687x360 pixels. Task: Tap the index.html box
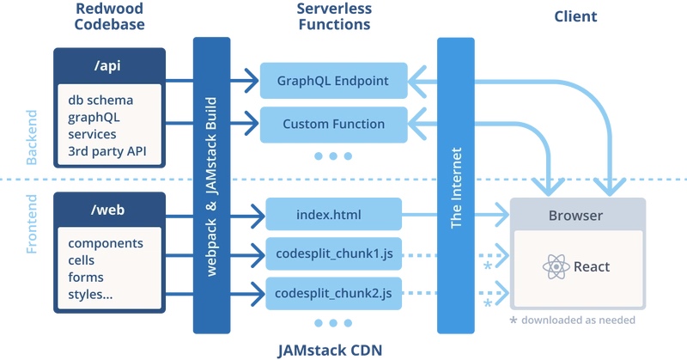(x=333, y=212)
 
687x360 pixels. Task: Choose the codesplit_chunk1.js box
(x=333, y=254)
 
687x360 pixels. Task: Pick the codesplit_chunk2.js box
(x=333, y=293)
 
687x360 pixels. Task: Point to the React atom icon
(x=556, y=266)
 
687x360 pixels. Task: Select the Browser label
(x=575, y=216)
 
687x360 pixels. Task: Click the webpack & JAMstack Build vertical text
(x=211, y=186)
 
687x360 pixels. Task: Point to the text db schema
(x=100, y=101)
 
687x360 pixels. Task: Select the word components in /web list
(x=107, y=244)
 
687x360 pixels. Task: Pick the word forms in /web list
(x=86, y=278)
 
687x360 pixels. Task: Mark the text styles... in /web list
(x=90, y=295)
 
